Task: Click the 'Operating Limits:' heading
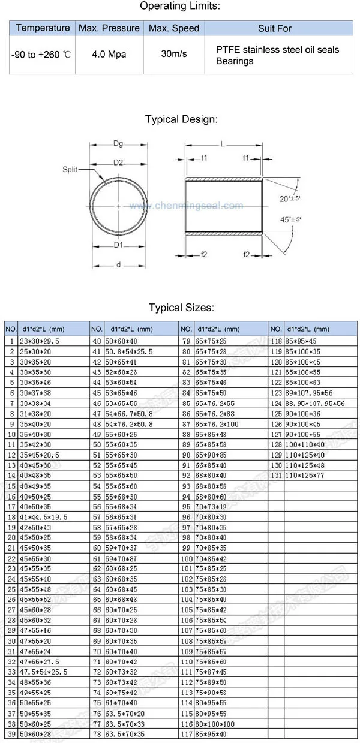(180, 7)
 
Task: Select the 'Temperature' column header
(43, 28)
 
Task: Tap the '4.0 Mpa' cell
(109, 54)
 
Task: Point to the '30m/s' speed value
(174, 54)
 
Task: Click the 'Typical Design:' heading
(180, 119)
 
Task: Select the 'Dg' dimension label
(118, 143)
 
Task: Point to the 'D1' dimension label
(118, 245)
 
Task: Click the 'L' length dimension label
(223, 144)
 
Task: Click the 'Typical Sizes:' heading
(180, 308)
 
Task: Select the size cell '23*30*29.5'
(41, 341)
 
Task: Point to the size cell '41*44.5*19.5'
(44, 516)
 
